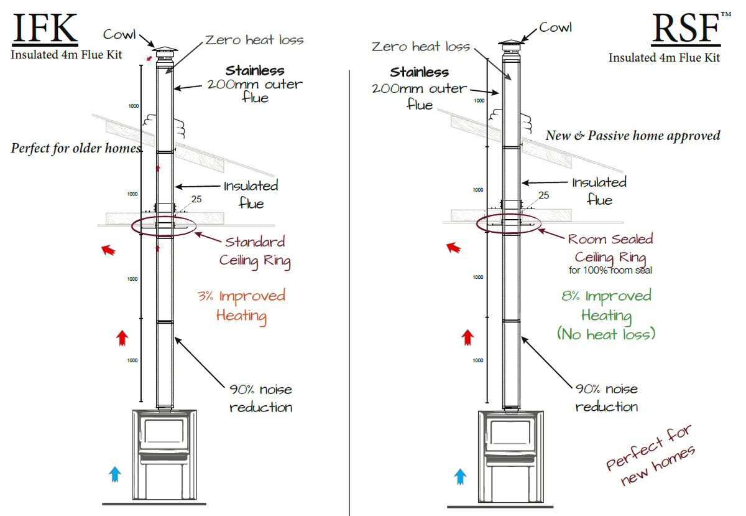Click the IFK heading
pos(45,29)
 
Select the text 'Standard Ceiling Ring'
pos(255,251)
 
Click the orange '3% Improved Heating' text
pos(241,305)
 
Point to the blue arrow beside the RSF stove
pos(460,477)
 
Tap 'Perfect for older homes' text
pos(76,149)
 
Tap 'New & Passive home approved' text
pos(633,135)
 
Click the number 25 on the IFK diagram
pos(197,200)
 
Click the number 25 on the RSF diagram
pos(543,195)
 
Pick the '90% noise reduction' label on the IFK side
pos(260,398)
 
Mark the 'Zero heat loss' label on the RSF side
pos(421,47)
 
